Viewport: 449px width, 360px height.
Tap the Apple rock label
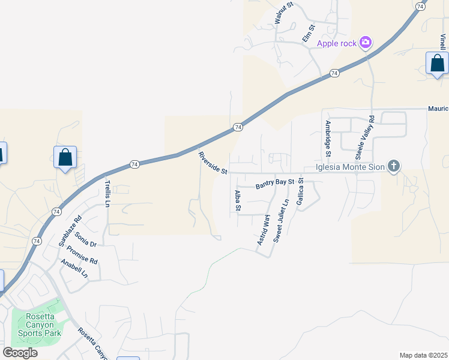pos(337,43)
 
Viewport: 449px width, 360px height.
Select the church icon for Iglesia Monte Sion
pos(394,166)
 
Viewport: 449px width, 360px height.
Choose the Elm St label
pos(309,34)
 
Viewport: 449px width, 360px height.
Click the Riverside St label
pos(212,163)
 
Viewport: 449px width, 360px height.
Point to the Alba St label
pos(238,201)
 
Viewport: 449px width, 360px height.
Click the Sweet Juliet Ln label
pos(281,221)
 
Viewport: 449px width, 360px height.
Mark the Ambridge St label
pos(328,136)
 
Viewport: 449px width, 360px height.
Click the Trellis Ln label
pos(108,194)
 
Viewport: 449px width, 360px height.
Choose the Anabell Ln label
pos(74,268)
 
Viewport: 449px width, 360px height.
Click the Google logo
pos(20,352)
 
